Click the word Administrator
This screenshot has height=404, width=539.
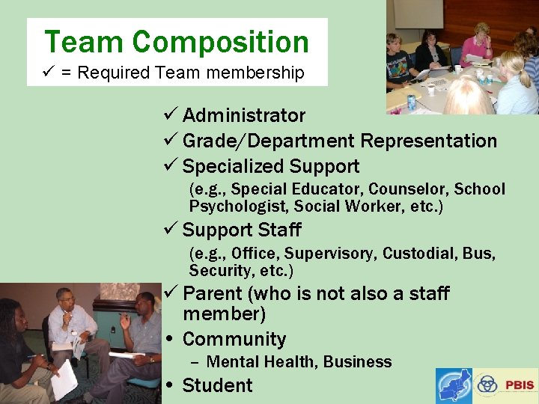(x=244, y=115)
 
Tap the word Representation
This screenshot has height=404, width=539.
(x=429, y=141)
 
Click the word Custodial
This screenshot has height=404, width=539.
(x=419, y=253)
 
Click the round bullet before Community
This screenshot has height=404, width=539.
(x=171, y=340)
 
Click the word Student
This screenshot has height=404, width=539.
(x=218, y=385)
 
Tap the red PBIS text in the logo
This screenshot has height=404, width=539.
(x=520, y=385)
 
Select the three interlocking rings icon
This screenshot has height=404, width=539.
(x=487, y=385)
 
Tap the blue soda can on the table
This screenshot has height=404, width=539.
(x=411, y=102)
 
